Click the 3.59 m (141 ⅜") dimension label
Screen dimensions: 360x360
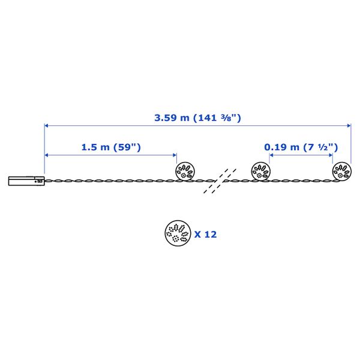coord(197,118)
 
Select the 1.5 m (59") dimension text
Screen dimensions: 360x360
coord(111,147)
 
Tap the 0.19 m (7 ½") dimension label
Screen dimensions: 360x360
coord(301,147)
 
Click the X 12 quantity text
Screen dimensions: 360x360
coord(205,235)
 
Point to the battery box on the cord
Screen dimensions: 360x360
coord(26,181)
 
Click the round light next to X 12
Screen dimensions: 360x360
coord(178,233)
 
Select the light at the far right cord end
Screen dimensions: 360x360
coord(342,171)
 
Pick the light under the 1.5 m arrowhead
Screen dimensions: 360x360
coord(185,171)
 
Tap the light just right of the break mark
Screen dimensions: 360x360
coord(261,171)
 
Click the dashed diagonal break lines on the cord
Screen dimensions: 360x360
coord(220,181)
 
